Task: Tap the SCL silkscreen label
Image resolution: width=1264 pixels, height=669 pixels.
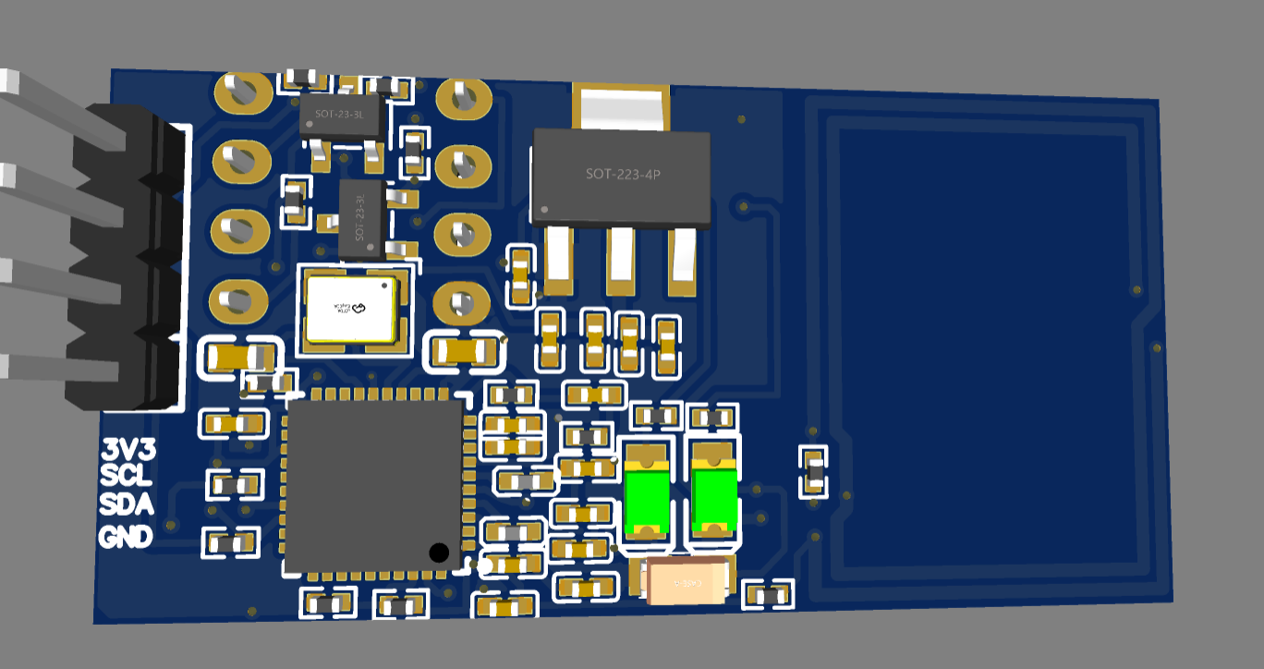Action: [127, 477]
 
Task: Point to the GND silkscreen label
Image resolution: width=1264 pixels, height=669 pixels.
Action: [126, 536]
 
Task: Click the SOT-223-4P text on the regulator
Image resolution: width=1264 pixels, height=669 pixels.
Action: [623, 174]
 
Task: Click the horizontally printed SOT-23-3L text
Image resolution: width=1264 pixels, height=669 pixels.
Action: [339, 115]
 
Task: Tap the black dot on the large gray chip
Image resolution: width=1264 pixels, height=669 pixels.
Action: [440, 553]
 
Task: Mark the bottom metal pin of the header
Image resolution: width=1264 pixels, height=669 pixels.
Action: [55, 369]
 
